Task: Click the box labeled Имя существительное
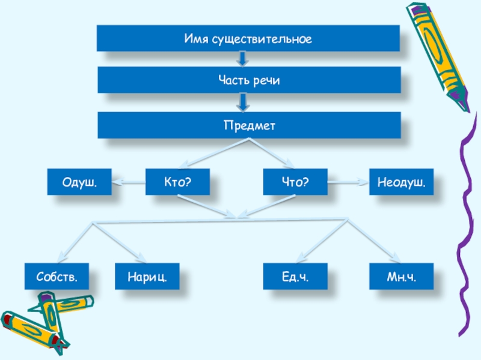click(x=248, y=38)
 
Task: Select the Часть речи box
click(x=248, y=80)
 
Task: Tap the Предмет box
click(x=248, y=126)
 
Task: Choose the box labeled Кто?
click(x=177, y=181)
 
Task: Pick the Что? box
click(x=295, y=181)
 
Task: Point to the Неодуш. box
click(x=401, y=181)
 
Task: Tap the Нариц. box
click(x=147, y=277)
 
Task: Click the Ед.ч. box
click(x=295, y=277)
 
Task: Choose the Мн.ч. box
click(x=401, y=277)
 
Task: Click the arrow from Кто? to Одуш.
click(x=129, y=181)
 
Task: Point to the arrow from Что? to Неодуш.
click(x=348, y=181)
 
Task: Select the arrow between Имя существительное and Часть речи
click(x=242, y=59)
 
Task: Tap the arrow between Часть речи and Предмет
click(x=242, y=103)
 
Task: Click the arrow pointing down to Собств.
click(x=75, y=243)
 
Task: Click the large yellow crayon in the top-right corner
click(x=438, y=54)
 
